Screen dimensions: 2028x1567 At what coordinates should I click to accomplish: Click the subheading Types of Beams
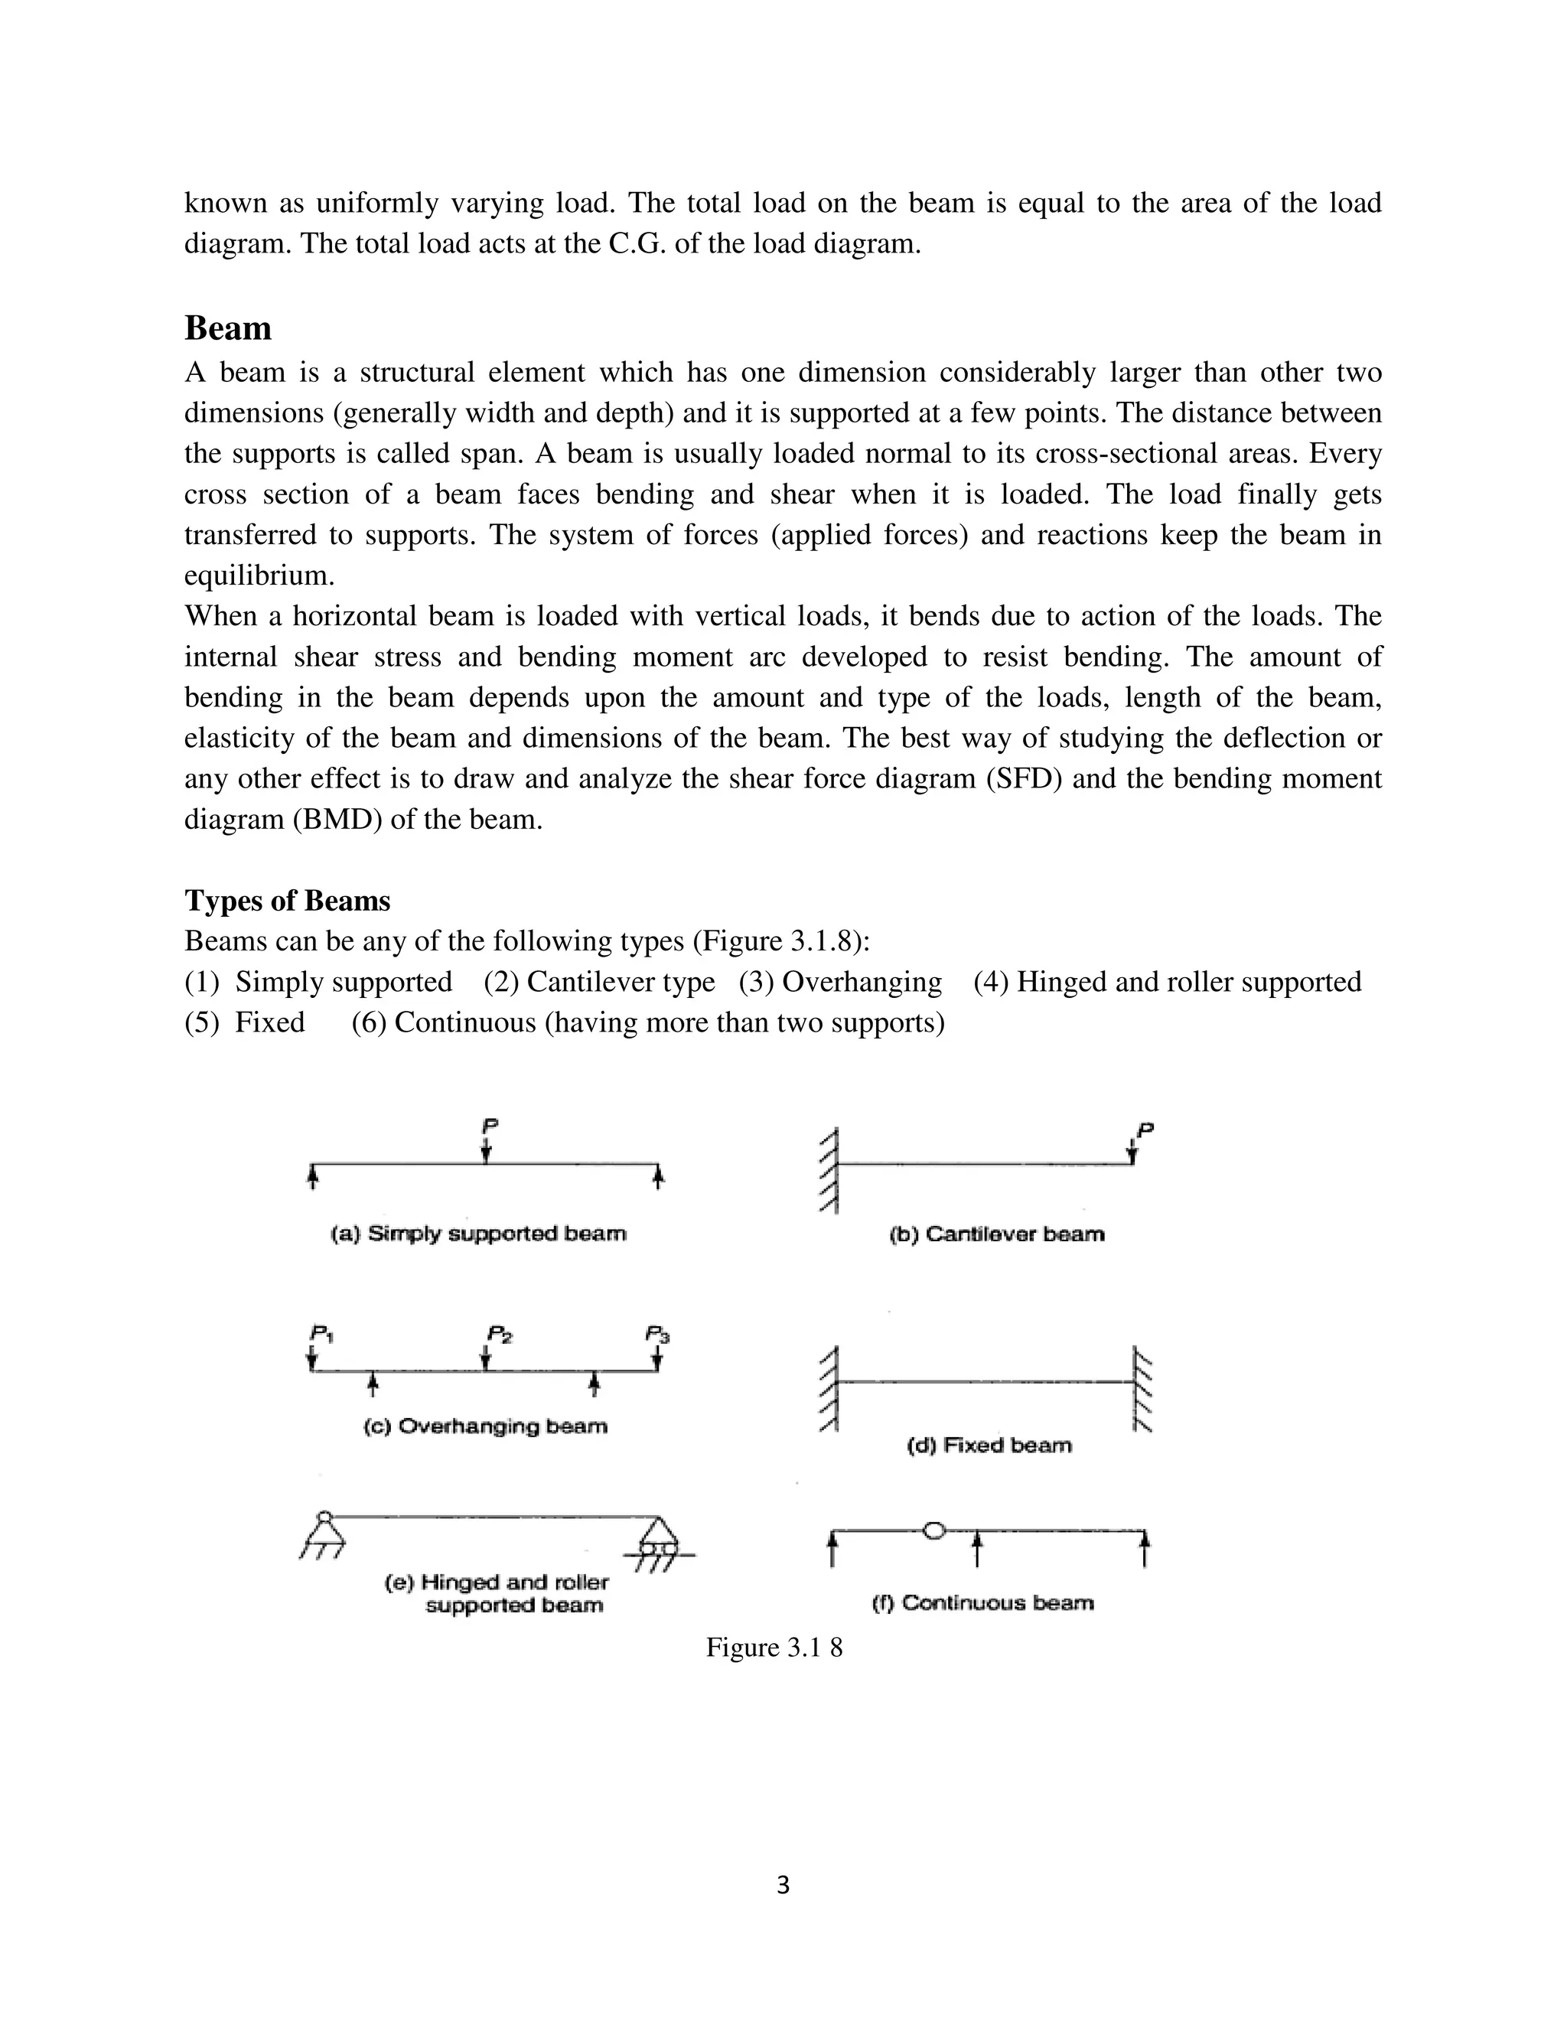[287, 901]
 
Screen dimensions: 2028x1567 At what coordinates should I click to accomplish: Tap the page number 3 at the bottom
[783, 1885]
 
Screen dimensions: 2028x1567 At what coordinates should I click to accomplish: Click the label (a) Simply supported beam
[479, 1234]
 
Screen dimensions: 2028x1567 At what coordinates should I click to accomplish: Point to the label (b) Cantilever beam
[997, 1235]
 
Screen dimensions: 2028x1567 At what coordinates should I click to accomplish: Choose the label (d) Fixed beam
[989, 1445]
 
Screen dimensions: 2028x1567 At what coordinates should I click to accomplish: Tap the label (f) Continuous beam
[983, 1603]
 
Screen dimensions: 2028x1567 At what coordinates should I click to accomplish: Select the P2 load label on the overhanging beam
[500, 1335]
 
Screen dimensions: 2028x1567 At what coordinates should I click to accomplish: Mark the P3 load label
[657, 1335]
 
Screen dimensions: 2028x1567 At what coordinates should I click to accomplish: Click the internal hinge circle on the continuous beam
[935, 1529]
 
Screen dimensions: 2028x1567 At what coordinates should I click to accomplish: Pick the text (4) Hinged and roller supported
[1167, 982]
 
